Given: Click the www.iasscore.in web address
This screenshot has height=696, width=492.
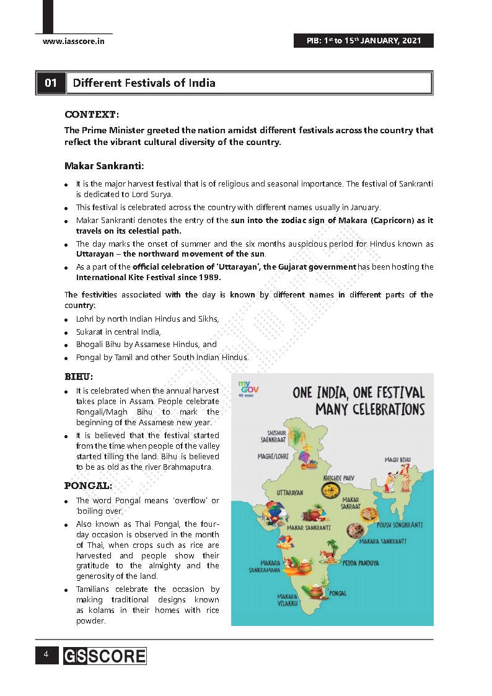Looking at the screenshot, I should pos(73,41).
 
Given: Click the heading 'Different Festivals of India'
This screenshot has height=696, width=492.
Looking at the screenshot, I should pos(144,83).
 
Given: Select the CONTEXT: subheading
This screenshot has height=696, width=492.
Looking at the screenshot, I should pos(92,115).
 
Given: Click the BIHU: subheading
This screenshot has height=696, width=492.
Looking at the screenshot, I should pos(79,376).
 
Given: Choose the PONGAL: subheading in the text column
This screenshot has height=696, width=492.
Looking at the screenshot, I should pos(88,485).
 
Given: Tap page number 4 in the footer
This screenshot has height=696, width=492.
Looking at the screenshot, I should pos(46,654).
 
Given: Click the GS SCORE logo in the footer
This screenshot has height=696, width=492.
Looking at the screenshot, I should pos(104,656).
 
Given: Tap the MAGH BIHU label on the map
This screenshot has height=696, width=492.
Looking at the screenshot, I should pos(398,460).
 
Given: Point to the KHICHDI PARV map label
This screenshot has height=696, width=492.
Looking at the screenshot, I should pos(338,478).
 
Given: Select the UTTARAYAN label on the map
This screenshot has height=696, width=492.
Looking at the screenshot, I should pos(289,493).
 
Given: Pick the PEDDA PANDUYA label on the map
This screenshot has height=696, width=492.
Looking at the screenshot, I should pos(361,563).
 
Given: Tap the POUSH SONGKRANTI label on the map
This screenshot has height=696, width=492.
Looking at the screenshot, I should pos(400,525).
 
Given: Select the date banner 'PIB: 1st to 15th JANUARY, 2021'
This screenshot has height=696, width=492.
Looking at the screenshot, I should pos(364,41).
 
